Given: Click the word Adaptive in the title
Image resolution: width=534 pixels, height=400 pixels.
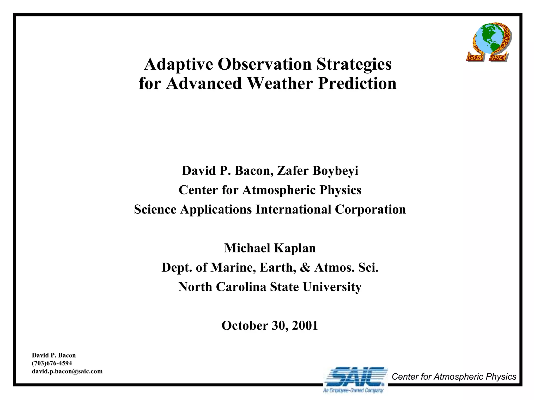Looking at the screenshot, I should pyautogui.click(x=178, y=64).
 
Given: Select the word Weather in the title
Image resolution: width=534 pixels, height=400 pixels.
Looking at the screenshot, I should pyautogui.click(x=280, y=84).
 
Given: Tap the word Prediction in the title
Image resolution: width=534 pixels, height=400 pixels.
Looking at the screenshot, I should pyautogui.click(x=357, y=84).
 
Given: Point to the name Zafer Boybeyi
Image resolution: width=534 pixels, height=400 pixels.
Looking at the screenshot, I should pyautogui.click(x=317, y=171).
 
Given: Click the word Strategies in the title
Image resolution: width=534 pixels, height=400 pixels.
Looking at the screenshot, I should pyautogui.click(x=354, y=64).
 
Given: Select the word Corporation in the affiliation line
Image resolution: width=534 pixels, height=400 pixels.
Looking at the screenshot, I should pyautogui.click(x=370, y=209).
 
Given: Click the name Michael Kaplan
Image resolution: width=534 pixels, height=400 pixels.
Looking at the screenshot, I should pyautogui.click(x=270, y=248).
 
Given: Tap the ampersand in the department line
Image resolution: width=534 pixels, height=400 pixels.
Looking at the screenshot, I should pyautogui.click(x=305, y=268).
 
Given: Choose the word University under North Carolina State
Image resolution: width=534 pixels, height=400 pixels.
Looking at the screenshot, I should pyautogui.click(x=332, y=287).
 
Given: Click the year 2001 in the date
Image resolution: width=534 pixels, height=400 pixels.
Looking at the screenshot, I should pyautogui.click(x=305, y=326).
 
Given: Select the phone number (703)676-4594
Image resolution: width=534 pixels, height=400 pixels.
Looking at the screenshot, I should pyautogui.click(x=52, y=363).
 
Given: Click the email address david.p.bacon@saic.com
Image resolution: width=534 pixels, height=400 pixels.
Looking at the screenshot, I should pyautogui.click(x=67, y=371).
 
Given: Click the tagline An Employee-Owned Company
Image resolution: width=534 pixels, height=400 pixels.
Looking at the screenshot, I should pyautogui.click(x=353, y=391).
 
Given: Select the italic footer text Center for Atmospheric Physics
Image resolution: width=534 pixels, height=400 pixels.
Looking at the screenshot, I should pyautogui.click(x=454, y=377).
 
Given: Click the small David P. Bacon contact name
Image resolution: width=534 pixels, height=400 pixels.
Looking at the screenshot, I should pyautogui.click(x=54, y=355).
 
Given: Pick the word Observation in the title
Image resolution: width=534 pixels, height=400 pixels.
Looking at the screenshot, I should pyautogui.click(x=264, y=64).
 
